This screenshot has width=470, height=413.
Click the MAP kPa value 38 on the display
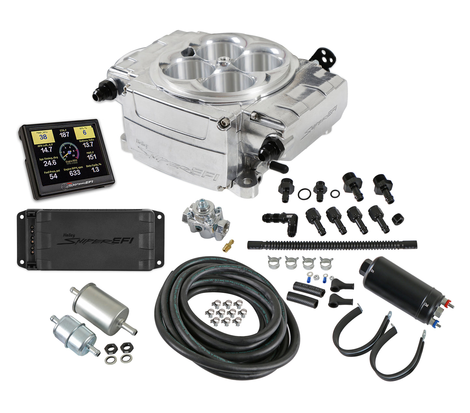43,137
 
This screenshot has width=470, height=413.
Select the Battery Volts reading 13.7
87,145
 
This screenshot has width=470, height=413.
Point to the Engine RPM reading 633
74,173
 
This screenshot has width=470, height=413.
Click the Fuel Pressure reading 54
53,176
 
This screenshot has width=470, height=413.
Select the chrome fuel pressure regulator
205,218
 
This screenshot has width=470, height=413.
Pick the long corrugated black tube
332,245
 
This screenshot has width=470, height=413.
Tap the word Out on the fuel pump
426,305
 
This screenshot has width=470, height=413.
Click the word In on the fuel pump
372,270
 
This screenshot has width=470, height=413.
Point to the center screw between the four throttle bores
223,60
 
